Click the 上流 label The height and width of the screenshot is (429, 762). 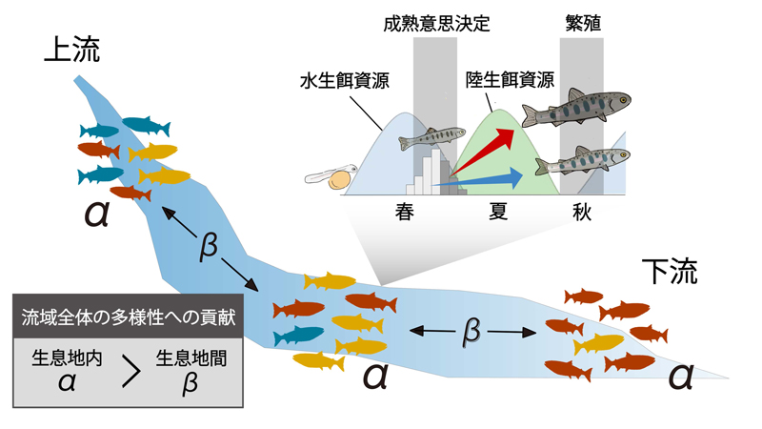click(x=71, y=52)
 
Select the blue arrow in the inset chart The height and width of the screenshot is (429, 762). click(x=486, y=176)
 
